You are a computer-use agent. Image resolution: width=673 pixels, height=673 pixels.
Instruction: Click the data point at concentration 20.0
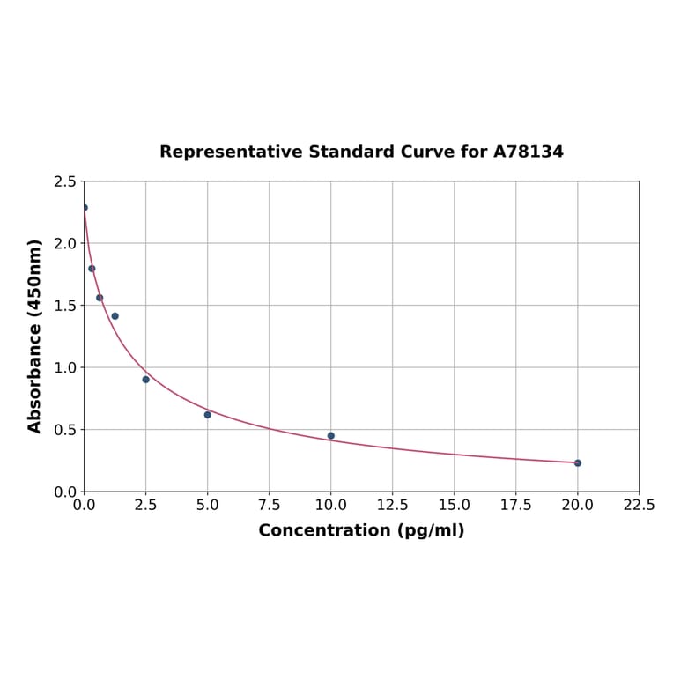pyautogui.click(x=578, y=462)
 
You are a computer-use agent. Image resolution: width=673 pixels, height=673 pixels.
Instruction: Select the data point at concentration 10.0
pyautogui.click(x=331, y=435)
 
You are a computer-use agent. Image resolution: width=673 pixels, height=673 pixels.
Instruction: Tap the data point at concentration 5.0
pyautogui.click(x=208, y=414)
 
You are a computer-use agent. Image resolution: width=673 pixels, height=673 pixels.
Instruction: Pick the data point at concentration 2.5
pyautogui.click(x=146, y=379)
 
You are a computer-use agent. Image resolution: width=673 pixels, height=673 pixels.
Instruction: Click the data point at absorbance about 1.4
pyautogui.click(x=115, y=315)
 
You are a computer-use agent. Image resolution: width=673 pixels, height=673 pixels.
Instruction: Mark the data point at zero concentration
pyautogui.click(x=85, y=208)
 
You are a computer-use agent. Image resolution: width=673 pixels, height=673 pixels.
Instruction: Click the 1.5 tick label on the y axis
pyautogui.click(x=65, y=306)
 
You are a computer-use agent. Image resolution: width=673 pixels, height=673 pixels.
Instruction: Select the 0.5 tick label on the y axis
pyautogui.click(x=65, y=430)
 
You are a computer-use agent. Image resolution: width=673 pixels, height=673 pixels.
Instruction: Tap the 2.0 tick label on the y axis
pyautogui.click(x=65, y=243)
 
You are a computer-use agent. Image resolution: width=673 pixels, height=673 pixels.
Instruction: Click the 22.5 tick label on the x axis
pyautogui.click(x=640, y=506)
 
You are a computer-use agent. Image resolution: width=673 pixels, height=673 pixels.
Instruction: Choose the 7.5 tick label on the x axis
pyautogui.click(x=270, y=506)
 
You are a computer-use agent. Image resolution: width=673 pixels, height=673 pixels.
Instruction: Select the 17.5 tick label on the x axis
pyautogui.click(x=516, y=506)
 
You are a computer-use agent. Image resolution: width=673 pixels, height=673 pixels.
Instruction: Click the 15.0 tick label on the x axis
pyautogui.click(x=455, y=506)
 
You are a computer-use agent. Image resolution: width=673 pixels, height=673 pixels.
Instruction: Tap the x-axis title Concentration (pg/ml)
pyautogui.click(x=361, y=530)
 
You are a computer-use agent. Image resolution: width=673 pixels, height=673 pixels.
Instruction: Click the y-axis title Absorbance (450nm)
pyautogui.click(x=35, y=336)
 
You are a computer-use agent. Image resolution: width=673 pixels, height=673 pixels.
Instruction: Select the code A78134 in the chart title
pyautogui.click(x=528, y=152)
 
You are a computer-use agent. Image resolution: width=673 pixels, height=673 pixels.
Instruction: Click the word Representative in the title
pyautogui.click(x=231, y=152)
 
